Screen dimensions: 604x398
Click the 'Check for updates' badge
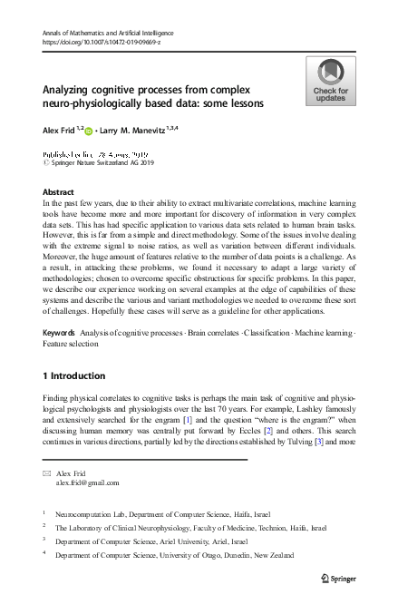click(x=330, y=82)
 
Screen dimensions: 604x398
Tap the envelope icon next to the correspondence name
click(x=48, y=474)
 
